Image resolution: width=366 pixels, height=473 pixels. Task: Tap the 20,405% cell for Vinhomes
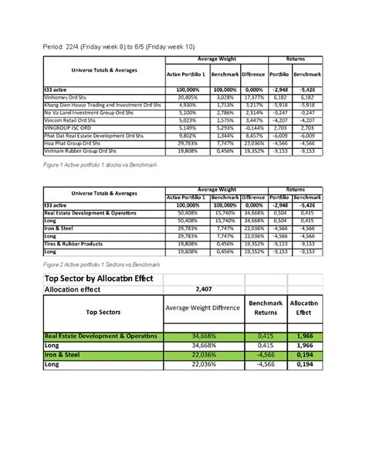[188, 99]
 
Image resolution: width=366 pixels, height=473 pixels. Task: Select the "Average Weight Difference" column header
[203, 311]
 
